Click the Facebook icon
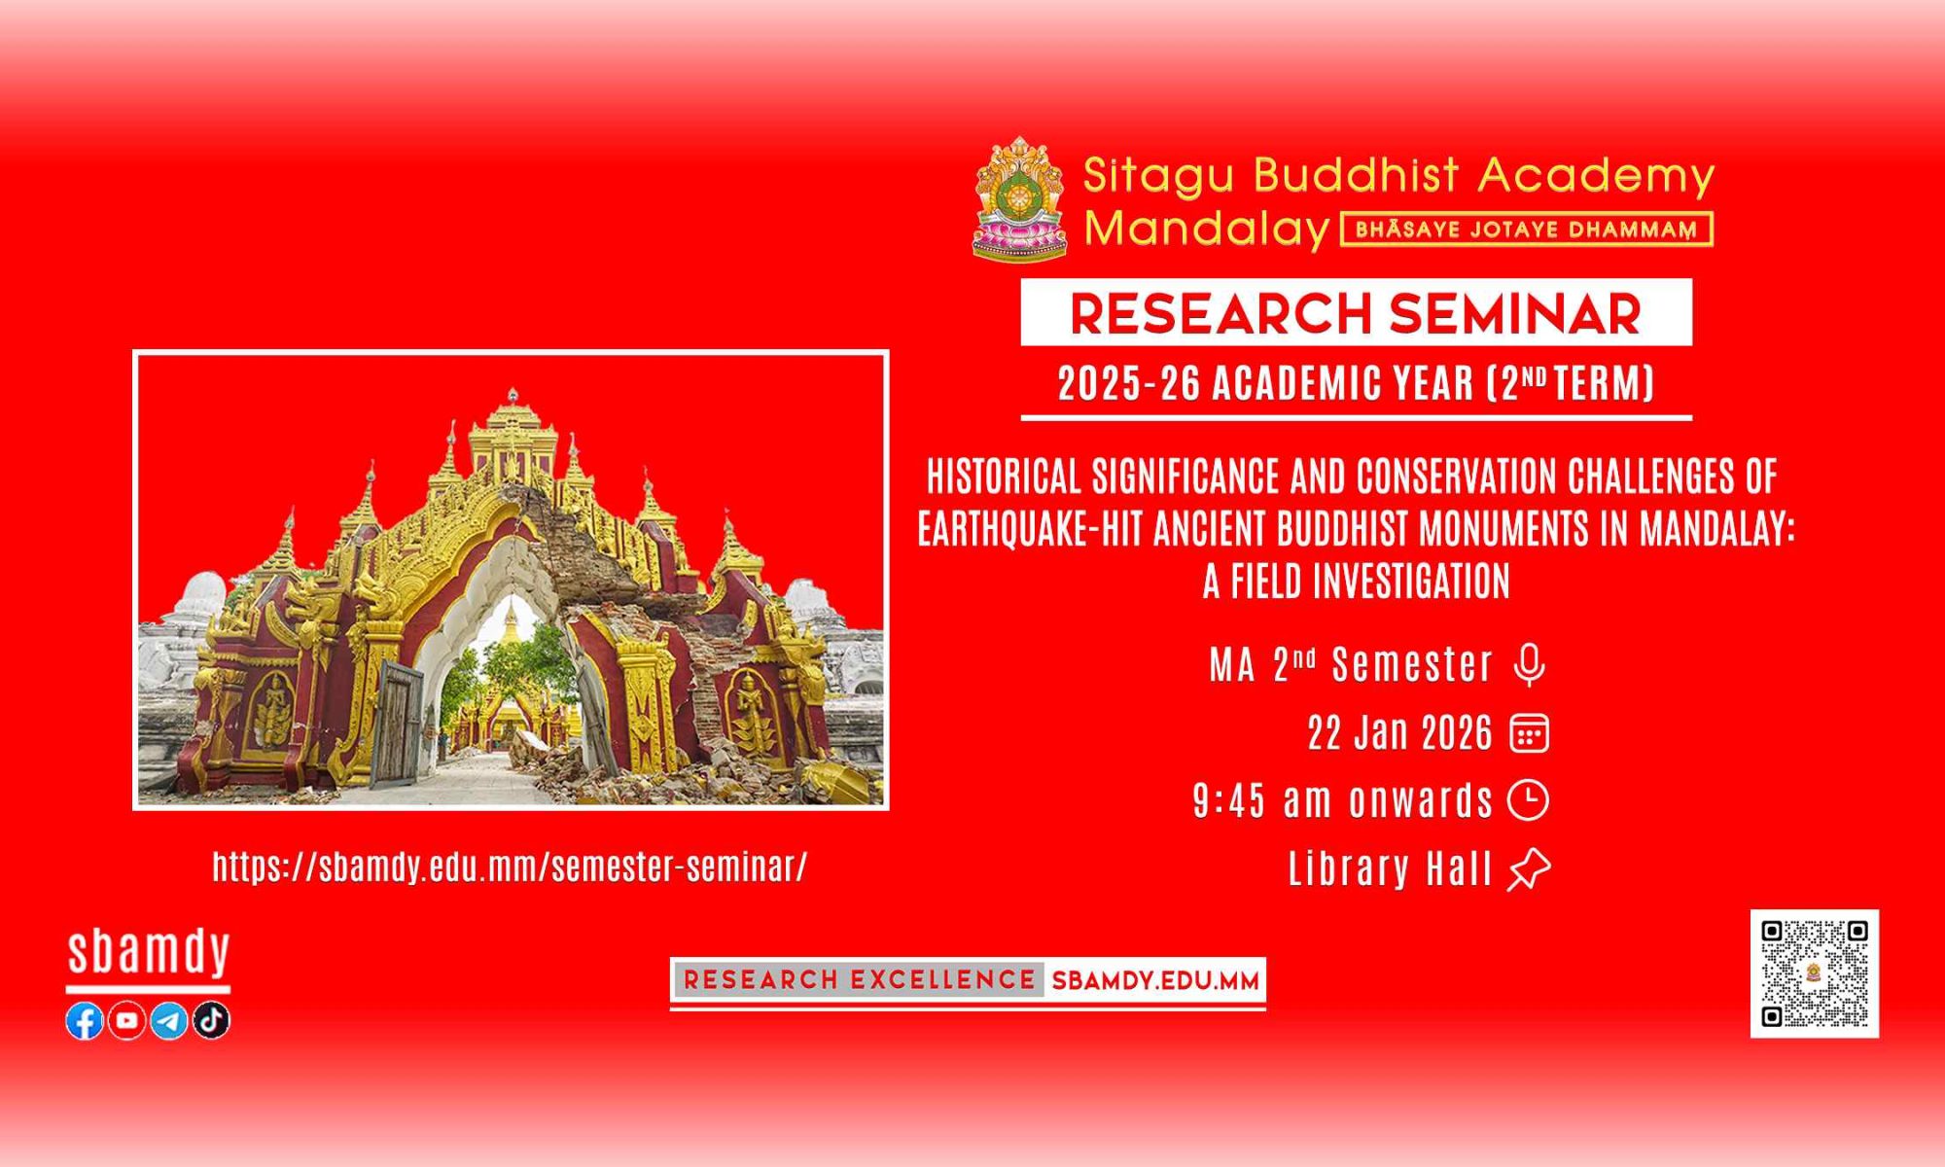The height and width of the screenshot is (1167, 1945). tap(85, 1020)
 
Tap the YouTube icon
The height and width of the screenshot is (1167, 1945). tap(127, 1020)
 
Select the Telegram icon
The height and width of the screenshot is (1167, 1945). tap(169, 1020)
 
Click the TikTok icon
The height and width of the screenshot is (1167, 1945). tap(211, 1020)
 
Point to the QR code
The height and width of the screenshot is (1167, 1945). tap(1815, 973)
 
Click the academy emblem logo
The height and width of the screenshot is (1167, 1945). tap(1020, 199)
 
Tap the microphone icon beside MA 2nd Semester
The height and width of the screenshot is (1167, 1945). tap(1530, 666)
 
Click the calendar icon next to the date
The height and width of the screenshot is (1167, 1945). tap(1529, 733)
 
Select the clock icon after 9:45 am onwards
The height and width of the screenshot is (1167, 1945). tap(1529, 800)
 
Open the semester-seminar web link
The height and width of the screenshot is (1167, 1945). tap(510, 866)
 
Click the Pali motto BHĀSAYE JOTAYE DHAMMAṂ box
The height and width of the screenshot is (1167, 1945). tap(1526, 230)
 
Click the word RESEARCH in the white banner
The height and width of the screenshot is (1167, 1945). tap(1220, 313)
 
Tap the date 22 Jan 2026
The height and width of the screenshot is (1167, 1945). tap(1399, 733)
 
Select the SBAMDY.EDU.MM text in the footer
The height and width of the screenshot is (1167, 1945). tap(1155, 981)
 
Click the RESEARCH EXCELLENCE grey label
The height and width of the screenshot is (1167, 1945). tap(859, 980)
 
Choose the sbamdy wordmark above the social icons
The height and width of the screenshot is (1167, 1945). tap(149, 953)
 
